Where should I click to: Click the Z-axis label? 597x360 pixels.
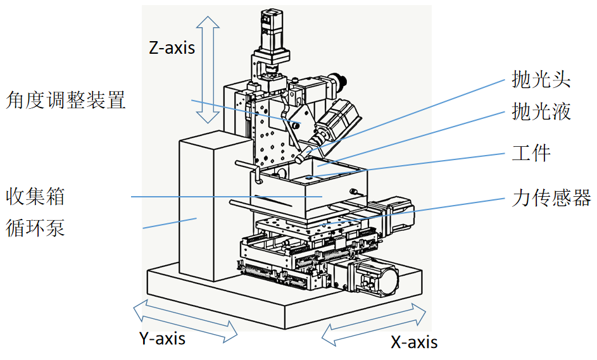(172, 47)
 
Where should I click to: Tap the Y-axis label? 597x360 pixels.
(162, 338)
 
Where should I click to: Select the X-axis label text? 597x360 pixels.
(414, 342)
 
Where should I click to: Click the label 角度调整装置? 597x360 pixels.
(66, 99)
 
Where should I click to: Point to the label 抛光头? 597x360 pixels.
(541, 80)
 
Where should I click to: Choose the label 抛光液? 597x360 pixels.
(541, 111)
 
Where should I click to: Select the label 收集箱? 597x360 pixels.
(35, 196)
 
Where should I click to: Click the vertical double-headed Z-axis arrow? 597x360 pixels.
(206, 70)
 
